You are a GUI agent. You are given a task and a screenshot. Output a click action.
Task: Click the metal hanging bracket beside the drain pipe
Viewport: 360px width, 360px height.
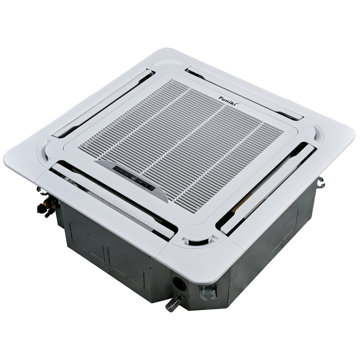click(208, 292)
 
